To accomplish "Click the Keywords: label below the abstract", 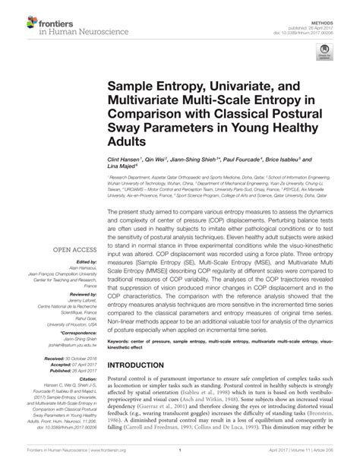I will point(121,343).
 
